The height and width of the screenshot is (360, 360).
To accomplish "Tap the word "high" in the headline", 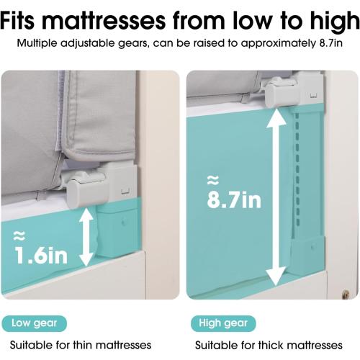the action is pos(335,22).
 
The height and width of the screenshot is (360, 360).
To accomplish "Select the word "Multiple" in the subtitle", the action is pos(37,44).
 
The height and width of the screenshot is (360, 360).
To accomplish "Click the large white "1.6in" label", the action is pos(41,256).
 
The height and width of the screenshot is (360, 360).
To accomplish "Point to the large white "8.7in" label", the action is pos(234,199).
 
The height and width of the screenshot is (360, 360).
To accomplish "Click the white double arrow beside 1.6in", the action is pos(86,237).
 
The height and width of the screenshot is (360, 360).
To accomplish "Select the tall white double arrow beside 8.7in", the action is pos(277,197).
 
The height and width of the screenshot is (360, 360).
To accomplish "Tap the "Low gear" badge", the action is pos(35,323).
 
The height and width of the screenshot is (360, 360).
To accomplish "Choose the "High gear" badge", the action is pos(223,323).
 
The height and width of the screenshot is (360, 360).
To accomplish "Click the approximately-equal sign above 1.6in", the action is pos(19,236).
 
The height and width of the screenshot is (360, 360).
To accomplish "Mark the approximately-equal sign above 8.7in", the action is pos(213,180).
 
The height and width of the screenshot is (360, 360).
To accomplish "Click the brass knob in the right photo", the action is pos(345,294).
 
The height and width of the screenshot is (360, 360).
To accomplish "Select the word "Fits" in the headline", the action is pos(18,20).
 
